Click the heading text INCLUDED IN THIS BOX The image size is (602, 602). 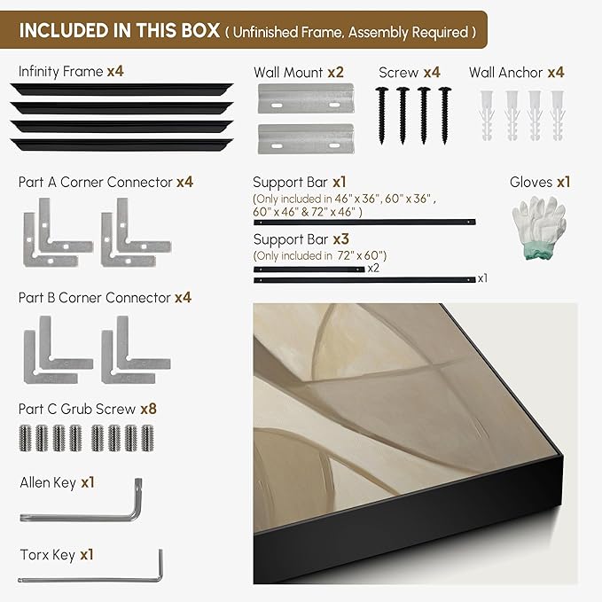[119, 30]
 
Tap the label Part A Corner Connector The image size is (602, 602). [95, 182]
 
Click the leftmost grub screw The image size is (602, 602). [24, 438]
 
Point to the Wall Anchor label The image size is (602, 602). [506, 73]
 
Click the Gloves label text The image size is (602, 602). [531, 182]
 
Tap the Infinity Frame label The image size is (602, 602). [60, 71]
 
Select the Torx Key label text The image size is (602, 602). [47, 555]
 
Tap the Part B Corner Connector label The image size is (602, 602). [95, 298]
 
